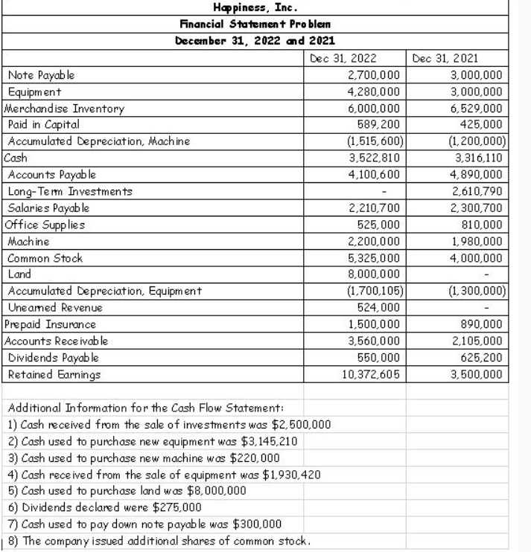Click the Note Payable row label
(40, 74)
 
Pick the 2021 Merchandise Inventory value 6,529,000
(478, 107)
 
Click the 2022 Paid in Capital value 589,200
(384, 123)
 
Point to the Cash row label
(15, 157)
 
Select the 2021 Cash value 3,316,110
(479, 157)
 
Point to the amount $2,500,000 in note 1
(299, 425)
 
